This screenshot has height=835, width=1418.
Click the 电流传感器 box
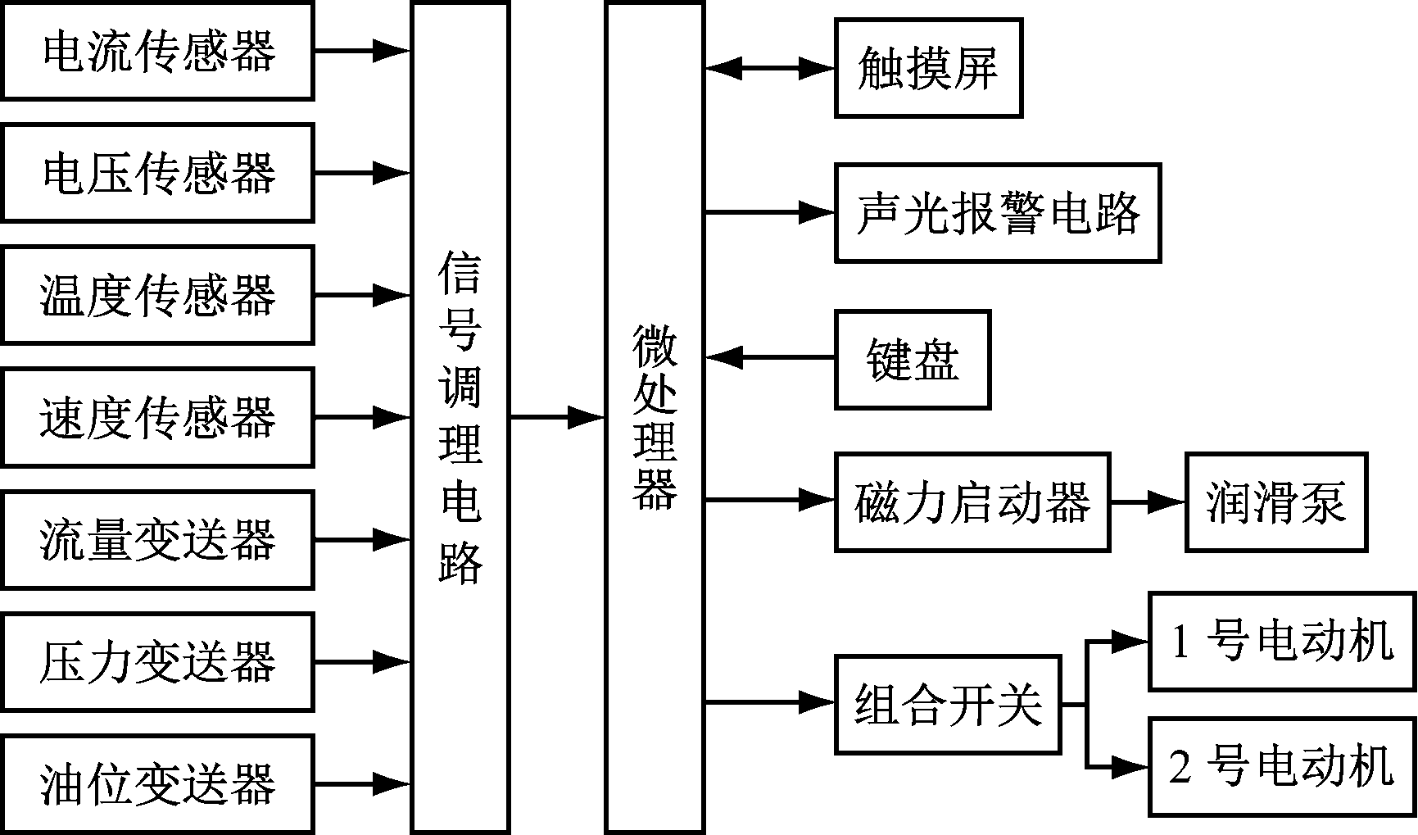157,51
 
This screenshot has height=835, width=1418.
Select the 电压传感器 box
157,173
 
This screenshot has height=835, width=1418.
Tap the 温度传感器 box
157,295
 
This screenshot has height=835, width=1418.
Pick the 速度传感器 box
157,417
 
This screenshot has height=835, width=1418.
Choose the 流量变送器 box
157,539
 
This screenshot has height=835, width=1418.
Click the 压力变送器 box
157,661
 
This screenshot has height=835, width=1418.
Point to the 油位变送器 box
157,784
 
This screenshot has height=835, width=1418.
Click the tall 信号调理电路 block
460,417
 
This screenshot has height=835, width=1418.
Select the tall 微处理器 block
655,417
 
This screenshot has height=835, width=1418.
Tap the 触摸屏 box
928,69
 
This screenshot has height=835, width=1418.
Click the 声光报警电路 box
997,213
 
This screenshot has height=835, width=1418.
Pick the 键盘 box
913,359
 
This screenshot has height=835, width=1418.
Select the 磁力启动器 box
972,501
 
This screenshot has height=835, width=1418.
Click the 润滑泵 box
1275,501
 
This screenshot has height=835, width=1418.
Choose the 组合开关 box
948,704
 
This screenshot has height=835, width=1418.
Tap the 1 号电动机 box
1282,641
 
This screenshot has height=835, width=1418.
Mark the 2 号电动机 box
1282,767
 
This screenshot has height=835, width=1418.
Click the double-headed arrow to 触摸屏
769,69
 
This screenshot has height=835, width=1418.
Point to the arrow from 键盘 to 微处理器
769,357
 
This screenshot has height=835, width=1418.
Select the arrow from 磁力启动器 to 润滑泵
1147,501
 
